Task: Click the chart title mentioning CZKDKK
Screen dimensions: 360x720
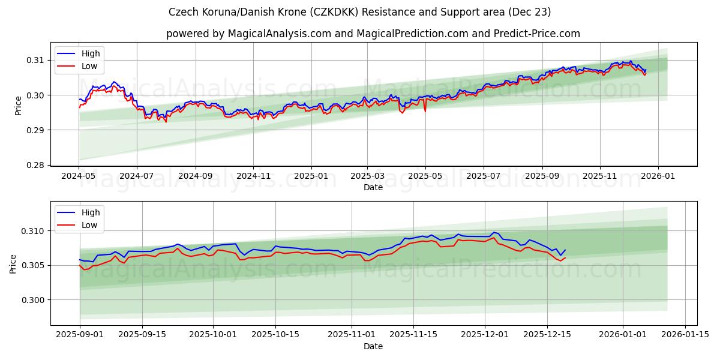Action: (x=360, y=12)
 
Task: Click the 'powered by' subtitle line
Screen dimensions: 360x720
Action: (x=373, y=34)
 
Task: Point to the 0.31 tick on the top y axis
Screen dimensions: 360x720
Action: (x=35, y=60)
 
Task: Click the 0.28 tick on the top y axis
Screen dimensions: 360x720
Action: (x=35, y=165)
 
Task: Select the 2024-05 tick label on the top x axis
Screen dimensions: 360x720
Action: (x=79, y=176)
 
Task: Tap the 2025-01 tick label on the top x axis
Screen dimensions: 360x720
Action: (x=311, y=176)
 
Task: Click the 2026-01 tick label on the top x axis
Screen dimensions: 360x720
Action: (x=658, y=176)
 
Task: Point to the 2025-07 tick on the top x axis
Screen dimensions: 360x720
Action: (x=483, y=176)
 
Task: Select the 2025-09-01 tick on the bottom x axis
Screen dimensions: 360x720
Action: (x=80, y=335)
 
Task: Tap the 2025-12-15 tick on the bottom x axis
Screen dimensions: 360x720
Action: (x=547, y=335)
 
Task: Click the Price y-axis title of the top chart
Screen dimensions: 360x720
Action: (x=18, y=105)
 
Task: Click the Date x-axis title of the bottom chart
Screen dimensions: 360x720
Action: (x=373, y=346)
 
